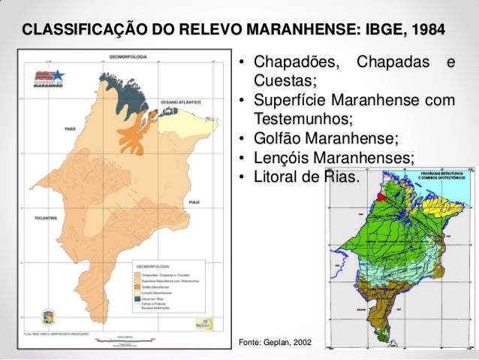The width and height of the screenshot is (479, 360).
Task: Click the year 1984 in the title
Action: pos(427,31)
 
